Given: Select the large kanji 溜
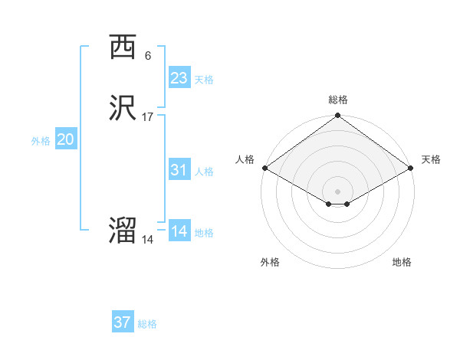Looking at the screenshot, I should (x=123, y=232).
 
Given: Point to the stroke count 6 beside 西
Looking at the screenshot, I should (x=147, y=55).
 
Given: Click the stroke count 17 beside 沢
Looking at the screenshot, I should (x=147, y=117).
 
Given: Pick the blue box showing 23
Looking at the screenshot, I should (x=179, y=78).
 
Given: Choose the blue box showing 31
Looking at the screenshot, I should (x=179, y=170).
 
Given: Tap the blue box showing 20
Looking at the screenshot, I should (x=66, y=139).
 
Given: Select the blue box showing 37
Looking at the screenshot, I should (x=123, y=322).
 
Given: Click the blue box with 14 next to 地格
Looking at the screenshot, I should (x=179, y=231).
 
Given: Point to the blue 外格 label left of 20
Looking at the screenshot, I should (x=41, y=141).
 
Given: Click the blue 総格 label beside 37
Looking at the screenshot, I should (x=147, y=324).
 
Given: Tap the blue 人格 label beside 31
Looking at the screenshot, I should (x=205, y=172).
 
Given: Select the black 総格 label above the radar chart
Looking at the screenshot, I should (x=337, y=100).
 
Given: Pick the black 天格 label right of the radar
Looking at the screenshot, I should (x=431, y=159).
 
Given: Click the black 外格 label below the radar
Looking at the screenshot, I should (x=270, y=262).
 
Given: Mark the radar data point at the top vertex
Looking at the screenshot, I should (x=337, y=116).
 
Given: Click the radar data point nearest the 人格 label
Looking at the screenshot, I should (x=264, y=168).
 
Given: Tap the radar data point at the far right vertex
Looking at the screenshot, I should (x=411, y=168).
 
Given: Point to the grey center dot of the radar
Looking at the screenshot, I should (x=337, y=191).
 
